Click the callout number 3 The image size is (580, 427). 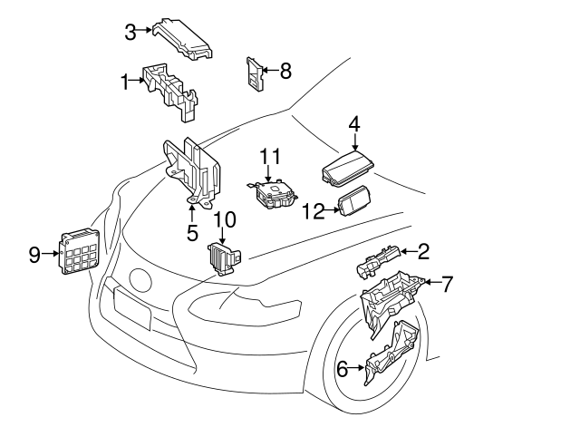[x=130, y=32]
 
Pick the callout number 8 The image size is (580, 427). [x=285, y=71]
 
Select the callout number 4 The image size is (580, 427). [x=354, y=125]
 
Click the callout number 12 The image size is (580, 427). [x=313, y=211]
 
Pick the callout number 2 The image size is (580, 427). [x=423, y=251]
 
